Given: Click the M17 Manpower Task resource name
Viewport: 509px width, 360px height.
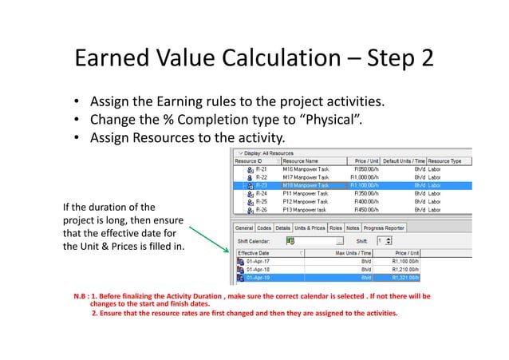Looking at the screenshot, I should (x=305, y=176).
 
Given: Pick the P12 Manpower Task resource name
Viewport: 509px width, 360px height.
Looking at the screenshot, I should (x=305, y=201).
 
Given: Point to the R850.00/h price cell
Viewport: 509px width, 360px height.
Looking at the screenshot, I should (x=369, y=168).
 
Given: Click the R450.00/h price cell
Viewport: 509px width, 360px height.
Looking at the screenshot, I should (x=369, y=209).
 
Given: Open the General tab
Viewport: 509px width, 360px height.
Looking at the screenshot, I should (x=244, y=227).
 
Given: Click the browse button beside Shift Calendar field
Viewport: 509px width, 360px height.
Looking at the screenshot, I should (x=339, y=239).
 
